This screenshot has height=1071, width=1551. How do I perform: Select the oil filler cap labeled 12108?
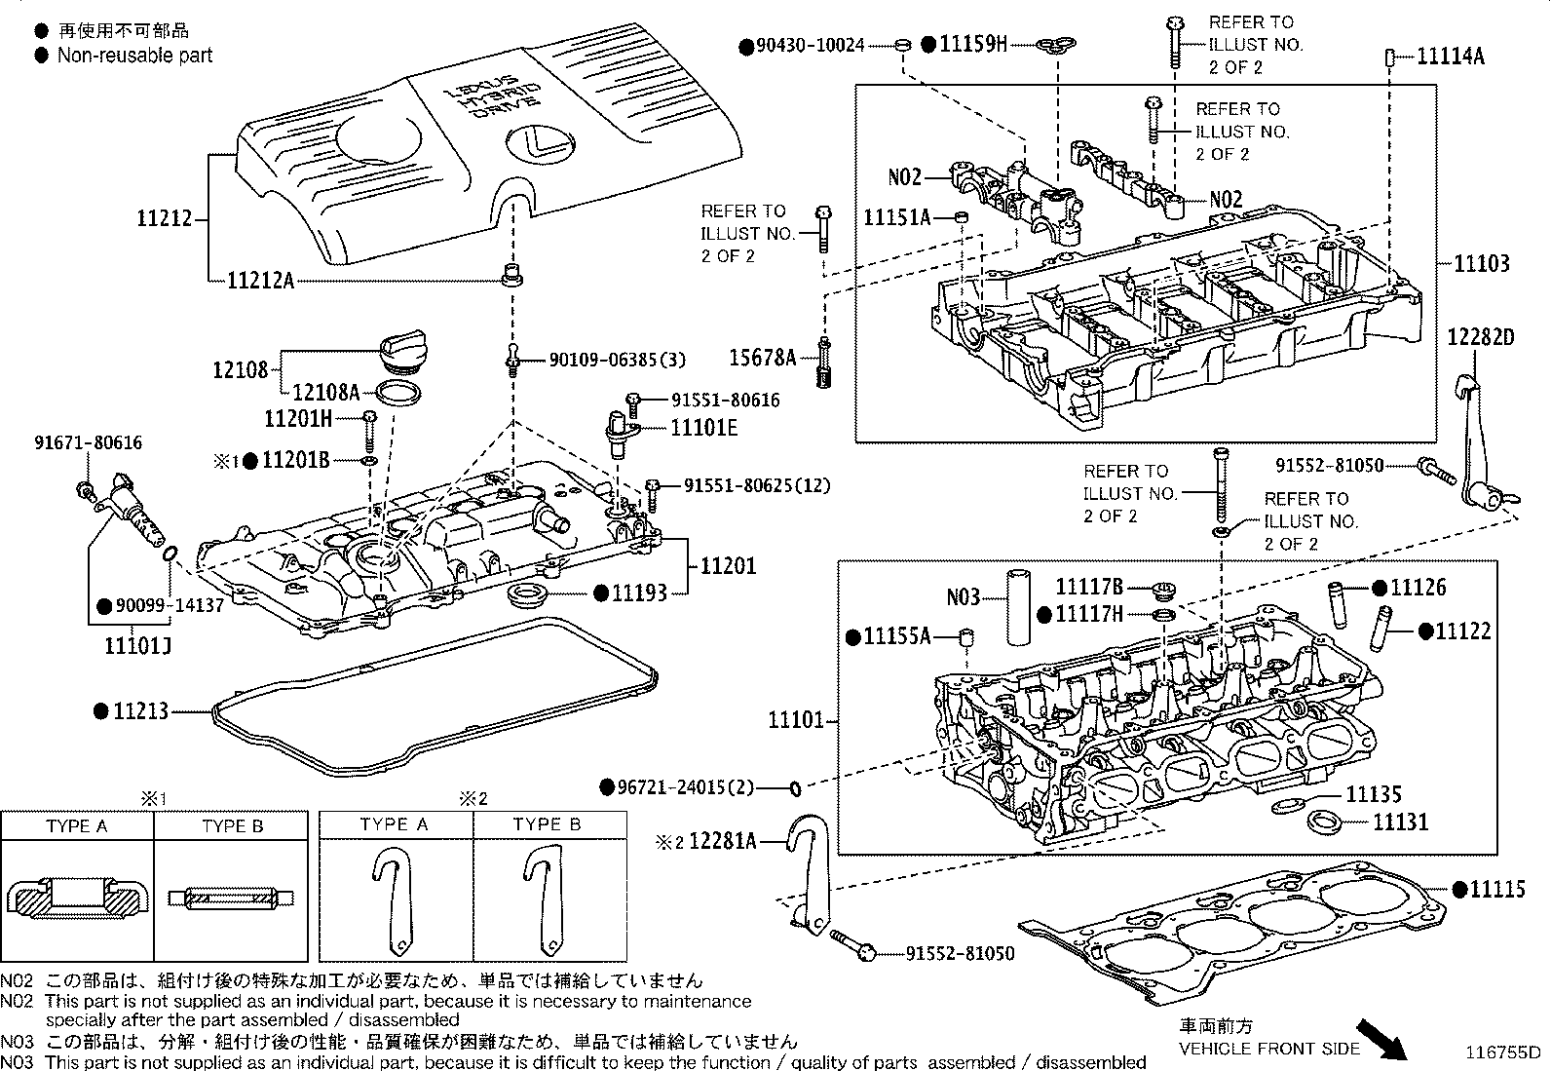400,353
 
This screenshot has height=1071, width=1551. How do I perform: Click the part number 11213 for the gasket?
141,711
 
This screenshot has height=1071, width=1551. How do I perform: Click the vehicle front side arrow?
1382,1040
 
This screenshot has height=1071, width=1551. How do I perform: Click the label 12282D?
1481,337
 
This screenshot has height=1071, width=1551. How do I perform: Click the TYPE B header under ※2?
547,823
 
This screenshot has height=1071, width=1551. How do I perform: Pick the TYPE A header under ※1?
76,825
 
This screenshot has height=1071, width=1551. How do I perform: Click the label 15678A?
763,359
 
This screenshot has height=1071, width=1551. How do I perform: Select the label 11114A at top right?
1450,57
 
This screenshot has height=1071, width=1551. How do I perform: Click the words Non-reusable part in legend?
134,56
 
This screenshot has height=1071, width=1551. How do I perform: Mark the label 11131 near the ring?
1400,822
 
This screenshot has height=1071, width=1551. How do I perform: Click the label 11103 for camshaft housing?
1482,263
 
